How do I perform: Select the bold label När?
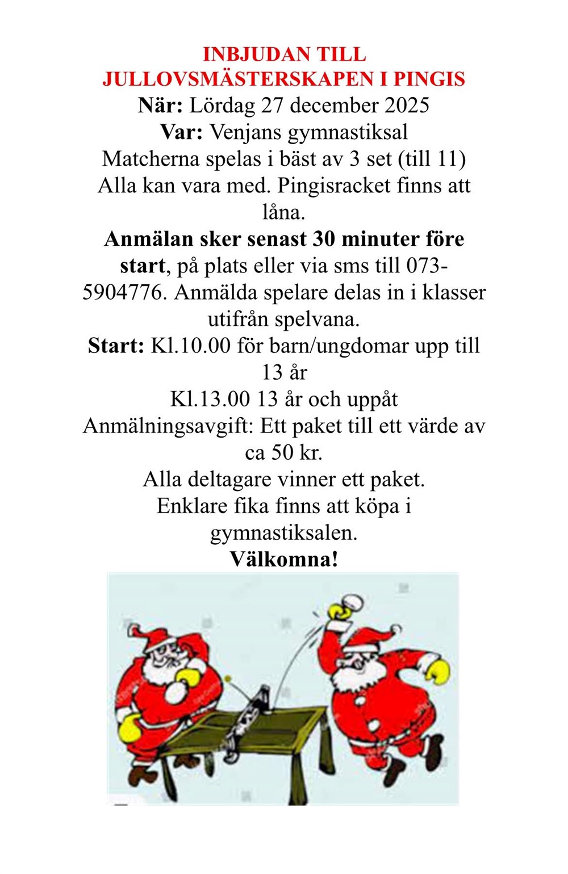tap(160, 106)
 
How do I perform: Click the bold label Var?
tap(181, 132)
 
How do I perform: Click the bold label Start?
tap(116, 346)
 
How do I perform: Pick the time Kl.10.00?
tap(190, 346)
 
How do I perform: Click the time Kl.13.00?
tap(210, 399)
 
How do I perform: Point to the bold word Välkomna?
tap(284, 560)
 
